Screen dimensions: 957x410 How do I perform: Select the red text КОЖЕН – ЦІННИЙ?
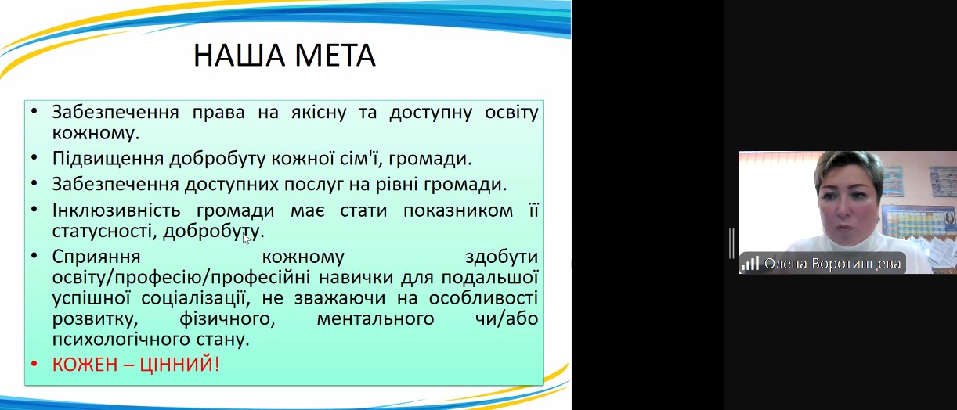click(x=135, y=365)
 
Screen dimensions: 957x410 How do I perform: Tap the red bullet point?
click(x=34, y=365)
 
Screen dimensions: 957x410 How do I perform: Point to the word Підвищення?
click(x=108, y=159)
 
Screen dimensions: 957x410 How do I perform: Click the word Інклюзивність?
click(x=116, y=210)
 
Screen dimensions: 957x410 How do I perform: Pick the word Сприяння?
click(x=96, y=257)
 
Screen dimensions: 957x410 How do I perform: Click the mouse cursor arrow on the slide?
click(x=246, y=239)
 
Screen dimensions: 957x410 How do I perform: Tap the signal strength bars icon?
click(x=749, y=263)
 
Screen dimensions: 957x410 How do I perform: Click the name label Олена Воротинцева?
click(x=832, y=264)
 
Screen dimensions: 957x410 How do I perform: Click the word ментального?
click(x=376, y=318)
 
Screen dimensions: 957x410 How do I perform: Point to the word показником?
click(x=458, y=210)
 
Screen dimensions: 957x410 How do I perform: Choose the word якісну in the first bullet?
click(x=319, y=112)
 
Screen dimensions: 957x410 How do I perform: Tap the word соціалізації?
click(x=195, y=298)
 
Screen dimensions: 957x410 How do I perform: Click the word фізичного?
click(x=227, y=318)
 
